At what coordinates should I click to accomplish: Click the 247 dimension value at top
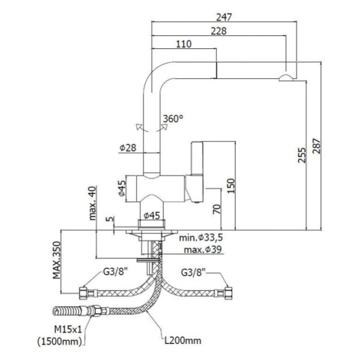(x=224, y=17)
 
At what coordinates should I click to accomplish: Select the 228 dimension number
(x=219, y=31)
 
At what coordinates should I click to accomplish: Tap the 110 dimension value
(x=184, y=44)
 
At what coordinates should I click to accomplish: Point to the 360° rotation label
(x=173, y=119)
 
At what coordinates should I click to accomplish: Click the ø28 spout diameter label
(x=128, y=148)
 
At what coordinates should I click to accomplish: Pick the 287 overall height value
(x=316, y=146)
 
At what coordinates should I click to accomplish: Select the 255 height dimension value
(x=302, y=155)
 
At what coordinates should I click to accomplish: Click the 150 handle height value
(x=231, y=186)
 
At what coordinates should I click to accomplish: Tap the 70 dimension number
(x=217, y=209)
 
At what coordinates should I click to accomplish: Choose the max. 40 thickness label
(x=93, y=203)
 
